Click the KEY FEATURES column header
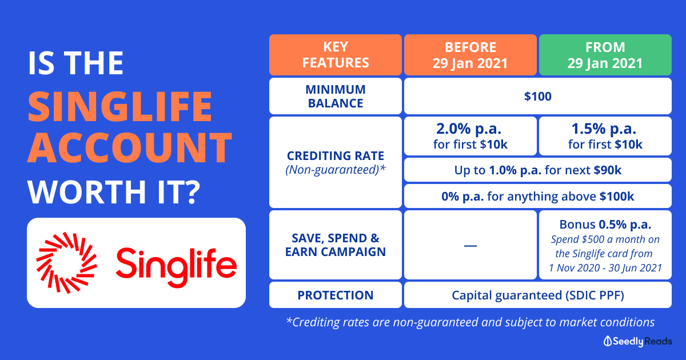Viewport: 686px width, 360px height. (x=336, y=55)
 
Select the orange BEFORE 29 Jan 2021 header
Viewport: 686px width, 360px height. (x=470, y=55)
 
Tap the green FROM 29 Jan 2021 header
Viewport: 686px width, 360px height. (x=605, y=55)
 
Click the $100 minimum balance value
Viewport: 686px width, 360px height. (x=538, y=97)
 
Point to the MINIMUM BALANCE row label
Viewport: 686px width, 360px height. (x=336, y=97)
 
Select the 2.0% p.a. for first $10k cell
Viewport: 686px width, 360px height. (x=470, y=136)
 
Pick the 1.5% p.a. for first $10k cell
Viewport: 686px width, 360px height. (x=605, y=136)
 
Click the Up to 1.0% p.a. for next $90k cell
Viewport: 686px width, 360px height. (x=538, y=170)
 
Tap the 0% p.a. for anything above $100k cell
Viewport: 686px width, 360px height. (x=538, y=196)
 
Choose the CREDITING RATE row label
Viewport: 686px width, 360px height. (x=336, y=162)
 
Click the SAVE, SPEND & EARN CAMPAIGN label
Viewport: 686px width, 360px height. (x=336, y=245)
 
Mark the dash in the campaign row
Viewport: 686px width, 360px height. (x=470, y=246)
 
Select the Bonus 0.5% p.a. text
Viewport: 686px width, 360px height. (x=605, y=225)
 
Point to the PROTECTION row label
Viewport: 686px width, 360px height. (x=336, y=295)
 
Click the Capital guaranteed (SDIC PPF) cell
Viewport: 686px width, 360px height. (x=538, y=295)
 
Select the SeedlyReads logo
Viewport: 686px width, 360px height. (x=637, y=341)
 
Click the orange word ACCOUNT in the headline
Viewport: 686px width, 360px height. (x=130, y=148)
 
